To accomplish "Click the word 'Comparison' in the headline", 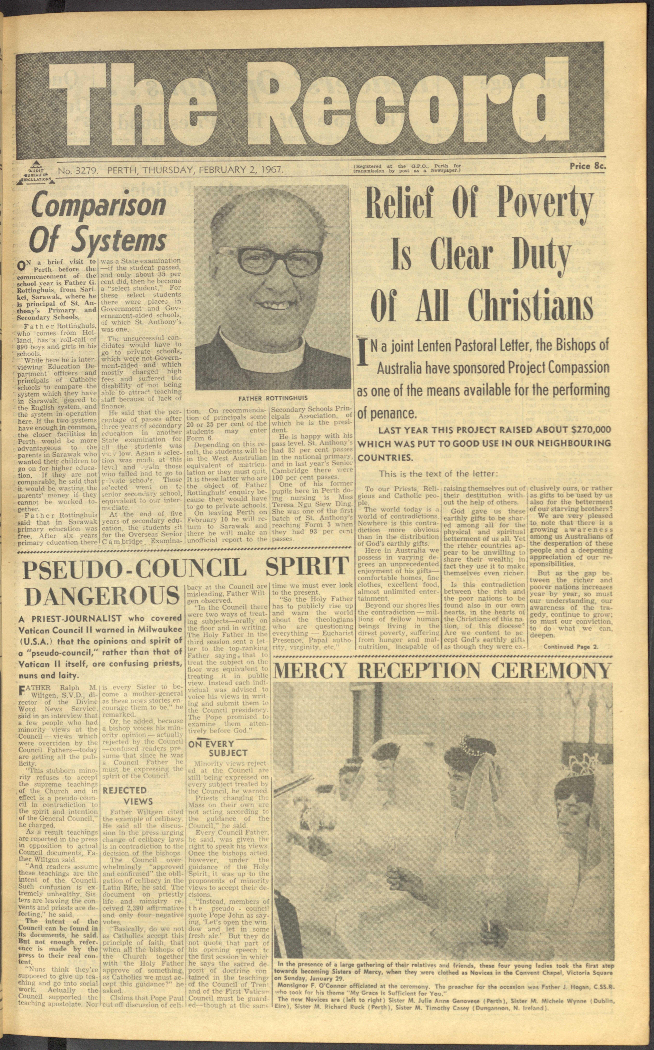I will click(99, 207).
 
